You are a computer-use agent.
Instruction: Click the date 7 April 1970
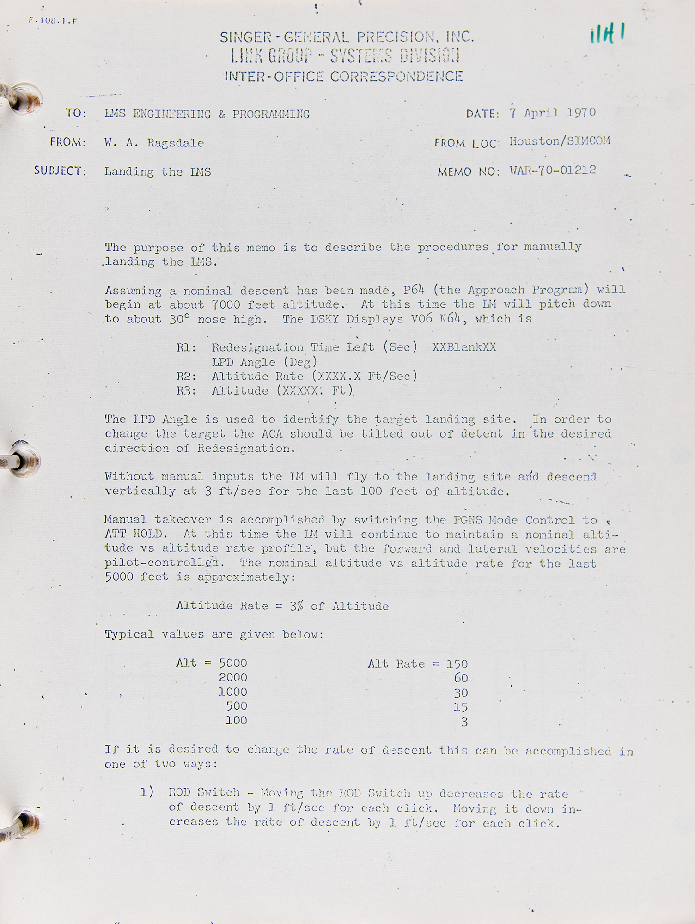point(553,113)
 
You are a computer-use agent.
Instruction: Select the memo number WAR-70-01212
point(553,170)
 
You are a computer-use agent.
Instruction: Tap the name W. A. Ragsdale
point(154,143)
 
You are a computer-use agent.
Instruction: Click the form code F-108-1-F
point(53,21)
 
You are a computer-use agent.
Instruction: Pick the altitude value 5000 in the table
point(233,663)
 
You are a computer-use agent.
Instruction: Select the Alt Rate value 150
point(457,664)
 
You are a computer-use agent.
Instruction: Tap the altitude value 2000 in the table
point(233,677)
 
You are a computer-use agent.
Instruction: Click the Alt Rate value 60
point(461,678)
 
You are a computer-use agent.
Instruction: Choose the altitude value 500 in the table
point(236,706)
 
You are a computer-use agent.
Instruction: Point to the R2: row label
point(186,376)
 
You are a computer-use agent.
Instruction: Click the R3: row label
point(186,391)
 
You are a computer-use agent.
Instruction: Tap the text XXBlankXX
point(464,347)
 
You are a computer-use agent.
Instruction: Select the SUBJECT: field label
point(60,171)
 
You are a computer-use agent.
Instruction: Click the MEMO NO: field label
point(468,172)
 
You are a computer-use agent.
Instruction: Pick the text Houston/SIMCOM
point(560,141)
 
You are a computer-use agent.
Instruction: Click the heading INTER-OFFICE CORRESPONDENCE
point(343,76)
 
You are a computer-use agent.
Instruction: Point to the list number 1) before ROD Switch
point(147,793)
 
